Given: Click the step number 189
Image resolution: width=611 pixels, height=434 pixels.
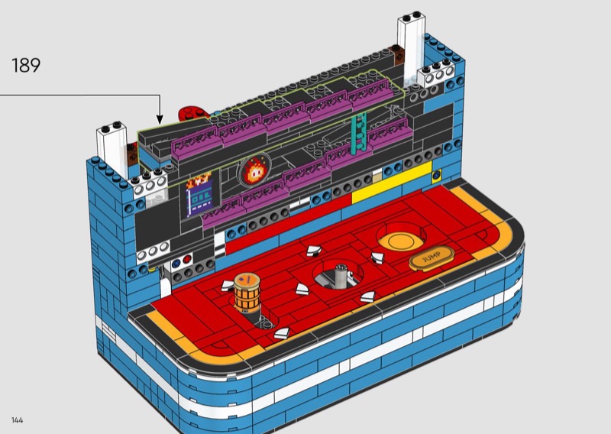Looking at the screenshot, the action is click(26, 65).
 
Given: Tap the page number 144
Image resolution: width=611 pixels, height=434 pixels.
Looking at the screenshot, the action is click(17, 420).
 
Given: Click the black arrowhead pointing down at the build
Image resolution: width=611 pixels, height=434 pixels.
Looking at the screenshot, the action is click(160, 119).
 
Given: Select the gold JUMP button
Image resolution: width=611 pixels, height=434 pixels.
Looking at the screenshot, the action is click(432, 257).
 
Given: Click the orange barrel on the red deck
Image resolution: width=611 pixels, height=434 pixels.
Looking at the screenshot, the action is click(247, 293).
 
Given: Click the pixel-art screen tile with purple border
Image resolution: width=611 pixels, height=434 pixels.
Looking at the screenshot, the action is click(199, 194).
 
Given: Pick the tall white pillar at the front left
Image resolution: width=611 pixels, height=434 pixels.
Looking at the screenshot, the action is click(112, 149).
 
